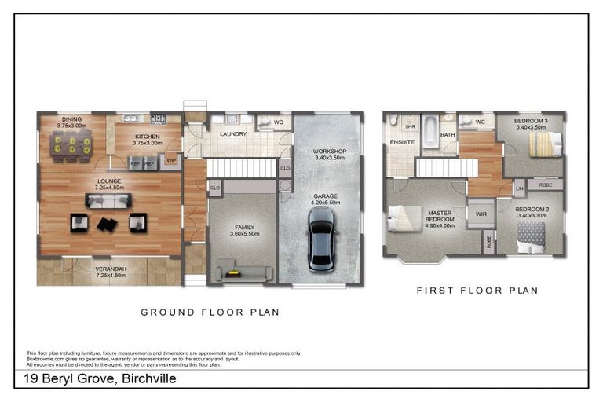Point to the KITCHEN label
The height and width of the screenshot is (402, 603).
pyautogui.click(x=147, y=137)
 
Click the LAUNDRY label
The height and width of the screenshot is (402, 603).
pyautogui.click(x=233, y=133)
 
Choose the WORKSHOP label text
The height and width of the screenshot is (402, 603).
pyautogui.click(x=329, y=151)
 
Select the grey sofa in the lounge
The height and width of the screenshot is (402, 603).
pyautogui.click(x=108, y=202)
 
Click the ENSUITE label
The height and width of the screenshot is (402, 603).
pyautogui.click(x=400, y=142)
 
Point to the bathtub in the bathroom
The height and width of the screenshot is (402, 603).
pyautogui.click(x=430, y=132)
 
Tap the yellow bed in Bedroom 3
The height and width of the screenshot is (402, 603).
pyautogui.click(x=544, y=144)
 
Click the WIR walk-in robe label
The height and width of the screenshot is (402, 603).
pyautogui.click(x=481, y=212)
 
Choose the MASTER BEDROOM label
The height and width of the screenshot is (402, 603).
pyautogui.click(x=440, y=217)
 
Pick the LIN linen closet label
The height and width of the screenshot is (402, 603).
pyautogui.click(x=519, y=189)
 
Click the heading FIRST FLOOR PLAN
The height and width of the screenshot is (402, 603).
pyautogui.click(x=477, y=291)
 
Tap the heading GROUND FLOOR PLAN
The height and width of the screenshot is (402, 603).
pyautogui.click(x=210, y=312)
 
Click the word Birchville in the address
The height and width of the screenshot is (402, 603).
pyautogui.click(x=144, y=378)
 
